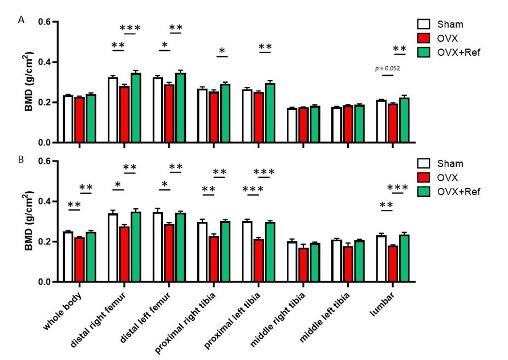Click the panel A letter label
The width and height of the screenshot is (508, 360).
pyautogui.click(x=21, y=19)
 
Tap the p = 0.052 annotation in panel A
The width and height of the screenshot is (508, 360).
pyautogui.click(x=387, y=68)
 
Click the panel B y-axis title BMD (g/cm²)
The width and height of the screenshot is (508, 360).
pyautogui.click(x=30, y=221)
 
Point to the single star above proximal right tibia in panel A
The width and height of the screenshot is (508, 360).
pyautogui.click(x=222, y=51)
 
